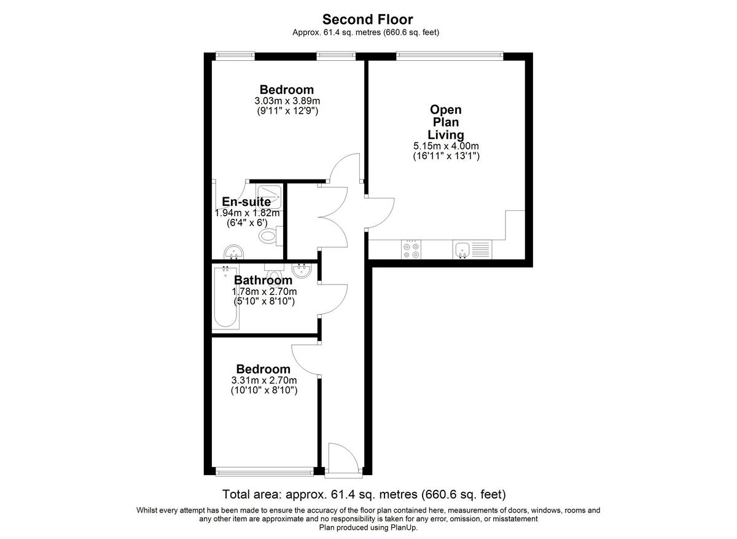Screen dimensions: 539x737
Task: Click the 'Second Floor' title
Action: point(367,20)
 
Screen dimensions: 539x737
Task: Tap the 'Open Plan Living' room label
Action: point(446,122)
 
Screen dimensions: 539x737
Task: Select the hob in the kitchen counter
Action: point(411,249)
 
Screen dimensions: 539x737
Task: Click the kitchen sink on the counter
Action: point(462,249)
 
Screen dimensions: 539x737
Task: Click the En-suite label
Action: point(246,202)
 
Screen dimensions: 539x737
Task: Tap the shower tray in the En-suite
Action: point(269,195)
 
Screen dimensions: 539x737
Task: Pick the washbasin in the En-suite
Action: point(233,250)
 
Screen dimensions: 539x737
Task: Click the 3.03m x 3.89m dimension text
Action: point(286,101)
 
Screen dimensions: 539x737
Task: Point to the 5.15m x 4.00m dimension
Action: point(446,146)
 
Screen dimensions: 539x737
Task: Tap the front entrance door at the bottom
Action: point(337,459)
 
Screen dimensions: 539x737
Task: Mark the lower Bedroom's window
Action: point(264,471)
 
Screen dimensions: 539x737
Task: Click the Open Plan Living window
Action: point(450,56)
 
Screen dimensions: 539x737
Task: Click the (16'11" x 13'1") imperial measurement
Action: point(446,157)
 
